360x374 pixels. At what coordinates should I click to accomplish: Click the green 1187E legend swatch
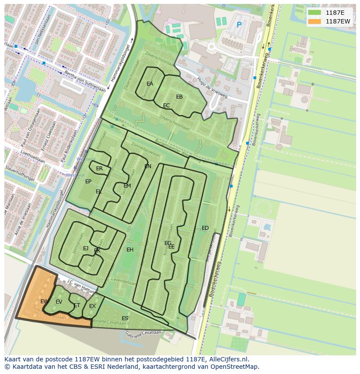(x=314, y=13)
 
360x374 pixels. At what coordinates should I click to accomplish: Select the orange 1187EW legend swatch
(x=314, y=21)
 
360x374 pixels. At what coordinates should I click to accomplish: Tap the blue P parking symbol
(x=239, y=25)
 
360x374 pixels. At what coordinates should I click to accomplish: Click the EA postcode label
(x=150, y=84)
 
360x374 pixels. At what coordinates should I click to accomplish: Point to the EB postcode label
(x=179, y=97)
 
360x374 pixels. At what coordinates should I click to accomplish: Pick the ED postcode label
(x=205, y=228)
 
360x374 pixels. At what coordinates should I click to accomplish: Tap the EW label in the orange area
(x=44, y=301)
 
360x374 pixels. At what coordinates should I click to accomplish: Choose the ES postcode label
(x=125, y=318)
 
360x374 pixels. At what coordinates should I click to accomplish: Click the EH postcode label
(x=130, y=250)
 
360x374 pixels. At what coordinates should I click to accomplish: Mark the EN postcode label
(x=148, y=166)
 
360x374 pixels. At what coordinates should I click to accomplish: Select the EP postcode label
(x=88, y=182)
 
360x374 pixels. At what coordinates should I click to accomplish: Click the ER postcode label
(x=100, y=169)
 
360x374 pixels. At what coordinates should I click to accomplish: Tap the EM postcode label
(x=127, y=186)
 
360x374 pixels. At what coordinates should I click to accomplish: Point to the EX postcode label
(x=92, y=306)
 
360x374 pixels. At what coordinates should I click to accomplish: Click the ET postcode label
(x=77, y=305)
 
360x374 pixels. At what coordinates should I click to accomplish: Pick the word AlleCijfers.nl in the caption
(x=227, y=359)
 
